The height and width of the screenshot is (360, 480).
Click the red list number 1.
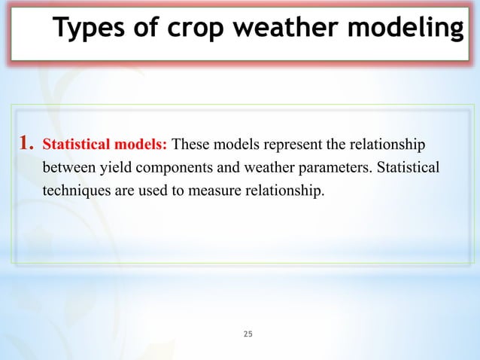coord(26,142)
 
